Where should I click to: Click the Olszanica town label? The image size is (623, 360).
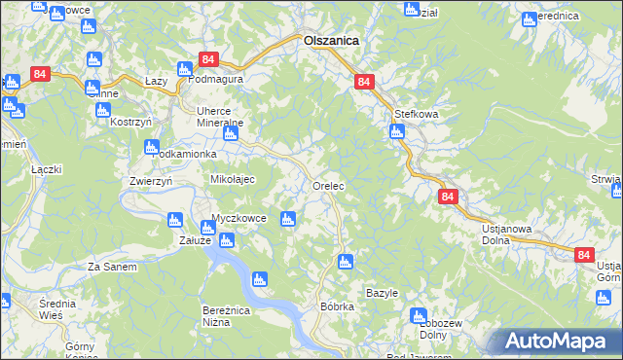[x=331, y=41]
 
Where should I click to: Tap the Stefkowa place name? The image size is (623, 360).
[x=417, y=114]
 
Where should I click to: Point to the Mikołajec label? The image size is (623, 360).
[x=233, y=180]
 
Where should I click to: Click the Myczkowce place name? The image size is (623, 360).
[x=239, y=218]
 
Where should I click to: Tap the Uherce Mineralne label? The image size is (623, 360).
[x=220, y=117]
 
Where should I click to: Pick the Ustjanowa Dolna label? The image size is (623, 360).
[x=506, y=235]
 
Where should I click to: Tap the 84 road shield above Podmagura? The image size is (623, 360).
[x=207, y=59]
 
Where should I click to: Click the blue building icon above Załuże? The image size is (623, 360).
[x=175, y=220]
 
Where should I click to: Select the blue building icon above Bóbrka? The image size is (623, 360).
[x=345, y=261]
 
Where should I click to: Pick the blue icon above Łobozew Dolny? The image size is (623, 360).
[x=419, y=316]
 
